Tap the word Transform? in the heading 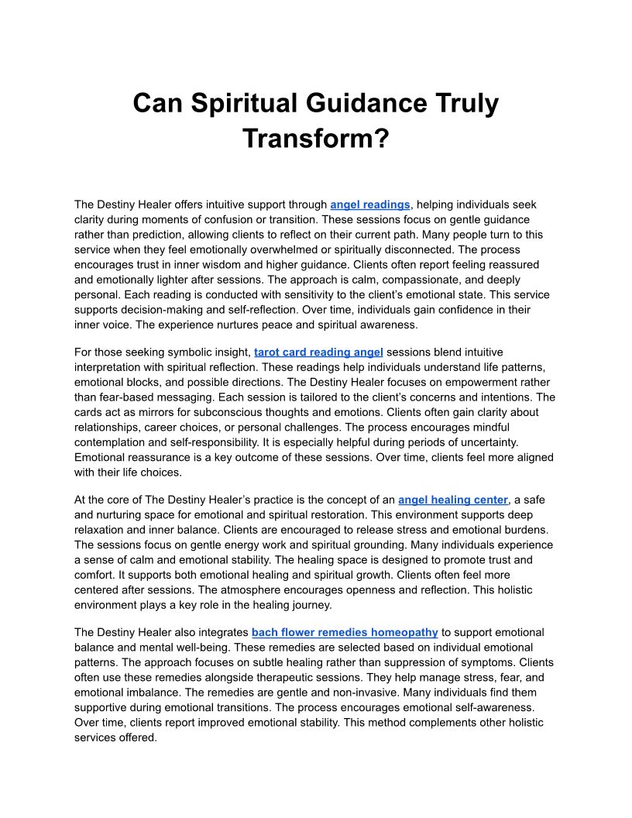[x=315, y=139]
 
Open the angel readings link [x=369, y=204]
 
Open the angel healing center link [x=453, y=500]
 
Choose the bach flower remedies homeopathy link [x=345, y=632]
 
